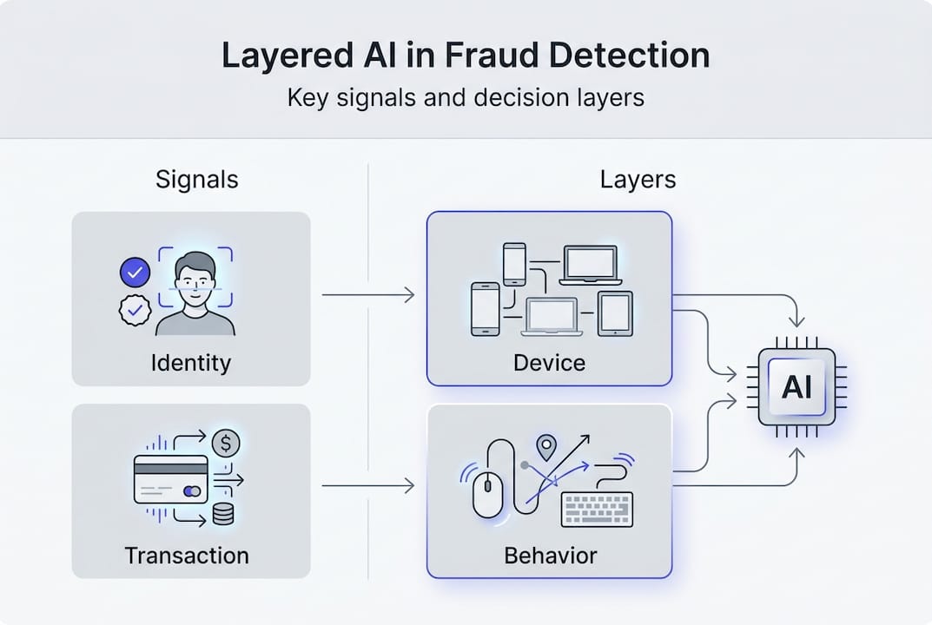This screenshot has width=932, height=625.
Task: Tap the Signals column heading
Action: (197, 180)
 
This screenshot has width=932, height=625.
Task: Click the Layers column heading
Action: (638, 180)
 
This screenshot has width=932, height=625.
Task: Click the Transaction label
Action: (187, 555)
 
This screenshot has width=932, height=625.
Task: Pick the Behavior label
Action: (550, 555)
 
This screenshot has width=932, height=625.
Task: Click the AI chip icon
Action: (796, 387)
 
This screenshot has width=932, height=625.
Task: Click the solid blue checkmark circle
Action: (135, 273)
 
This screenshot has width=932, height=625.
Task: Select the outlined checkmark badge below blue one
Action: (135, 310)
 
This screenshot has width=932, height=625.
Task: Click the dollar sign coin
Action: (226, 444)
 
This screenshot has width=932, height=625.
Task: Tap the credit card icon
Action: (170, 479)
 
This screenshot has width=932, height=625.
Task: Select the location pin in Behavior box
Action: (545, 447)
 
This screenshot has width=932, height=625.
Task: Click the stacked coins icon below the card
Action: (222, 515)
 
